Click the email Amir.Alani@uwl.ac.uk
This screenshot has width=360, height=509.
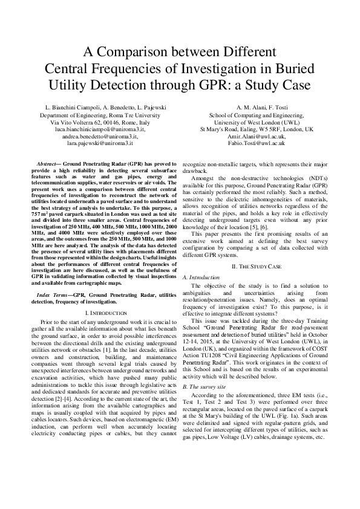[x=257, y=137]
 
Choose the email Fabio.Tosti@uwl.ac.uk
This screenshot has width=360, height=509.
[x=257, y=144]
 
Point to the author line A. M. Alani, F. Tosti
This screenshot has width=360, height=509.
[x=257, y=107]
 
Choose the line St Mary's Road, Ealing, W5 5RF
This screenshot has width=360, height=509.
[x=257, y=130]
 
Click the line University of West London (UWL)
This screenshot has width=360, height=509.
[x=257, y=122]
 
